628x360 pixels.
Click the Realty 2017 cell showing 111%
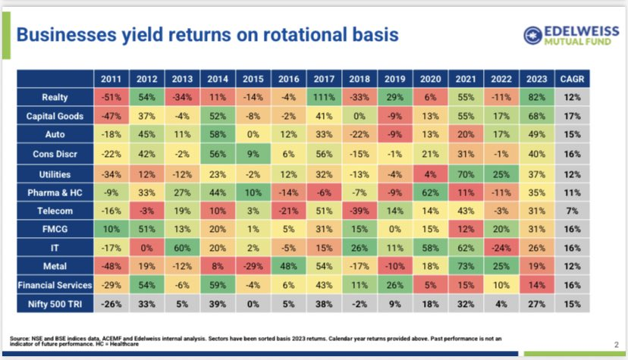pyautogui.click(x=325, y=97)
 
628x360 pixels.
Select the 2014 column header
pyautogui.click(x=218, y=79)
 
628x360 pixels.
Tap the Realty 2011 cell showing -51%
pyautogui.click(x=111, y=97)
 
